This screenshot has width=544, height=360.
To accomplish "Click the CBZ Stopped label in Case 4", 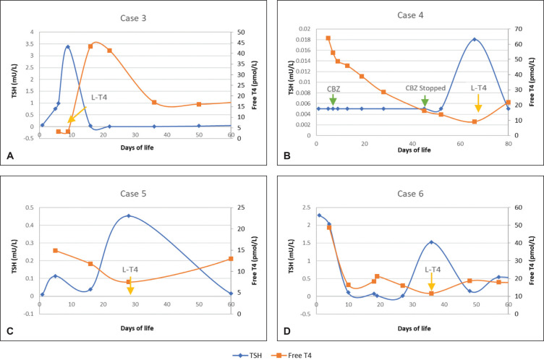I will tap(425, 88).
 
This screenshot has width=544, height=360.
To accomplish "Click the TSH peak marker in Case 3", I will tap(67, 47).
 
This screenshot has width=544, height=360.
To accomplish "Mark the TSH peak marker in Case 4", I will tap(475, 39).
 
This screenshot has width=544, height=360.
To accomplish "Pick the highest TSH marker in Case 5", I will tap(129, 215).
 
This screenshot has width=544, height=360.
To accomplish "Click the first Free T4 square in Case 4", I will tap(328, 38).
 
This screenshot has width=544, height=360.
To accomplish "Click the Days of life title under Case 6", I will tap(412, 327).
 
